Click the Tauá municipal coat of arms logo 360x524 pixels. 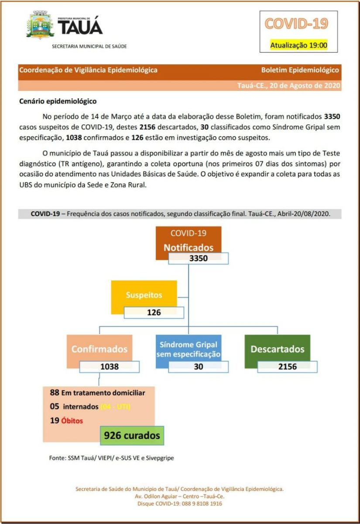(x=41, y=25)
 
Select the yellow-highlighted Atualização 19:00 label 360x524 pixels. (x=298, y=45)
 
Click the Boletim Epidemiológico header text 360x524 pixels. (x=300, y=70)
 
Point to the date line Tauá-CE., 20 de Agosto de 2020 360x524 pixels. (x=288, y=86)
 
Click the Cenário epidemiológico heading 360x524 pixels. (x=58, y=101)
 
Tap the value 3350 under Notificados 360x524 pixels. (x=199, y=258)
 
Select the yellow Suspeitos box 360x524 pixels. (x=144, y=295)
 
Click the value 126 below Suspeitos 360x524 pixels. (x=154, y=312)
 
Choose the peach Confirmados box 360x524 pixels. (x=99, y=348)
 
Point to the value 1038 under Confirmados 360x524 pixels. (x=110, y=366)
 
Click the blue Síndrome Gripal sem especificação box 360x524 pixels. (x=189, y=348)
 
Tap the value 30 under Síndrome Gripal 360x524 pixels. (x=199, y=366)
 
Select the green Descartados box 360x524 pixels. (x=277, y=349)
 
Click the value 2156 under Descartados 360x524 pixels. (x=287, y=366)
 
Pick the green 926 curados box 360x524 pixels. (x=132, y=435)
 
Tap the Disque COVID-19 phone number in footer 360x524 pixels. (x=180, y=503)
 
